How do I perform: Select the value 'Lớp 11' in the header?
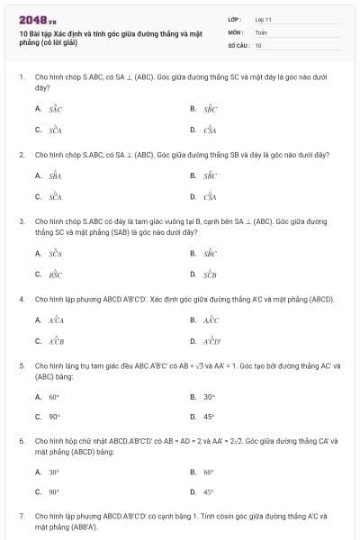263,19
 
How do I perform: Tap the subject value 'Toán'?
261,31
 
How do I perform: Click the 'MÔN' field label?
234,31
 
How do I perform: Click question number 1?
21,79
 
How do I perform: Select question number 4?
21,298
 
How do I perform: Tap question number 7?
21,517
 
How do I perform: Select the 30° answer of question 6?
54,472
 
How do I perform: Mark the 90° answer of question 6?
54,492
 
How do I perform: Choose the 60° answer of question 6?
209,472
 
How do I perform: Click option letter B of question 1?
193,109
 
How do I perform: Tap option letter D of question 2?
193,196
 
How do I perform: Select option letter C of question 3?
38,273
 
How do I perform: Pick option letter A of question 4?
38,320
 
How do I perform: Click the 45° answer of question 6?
209,492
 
